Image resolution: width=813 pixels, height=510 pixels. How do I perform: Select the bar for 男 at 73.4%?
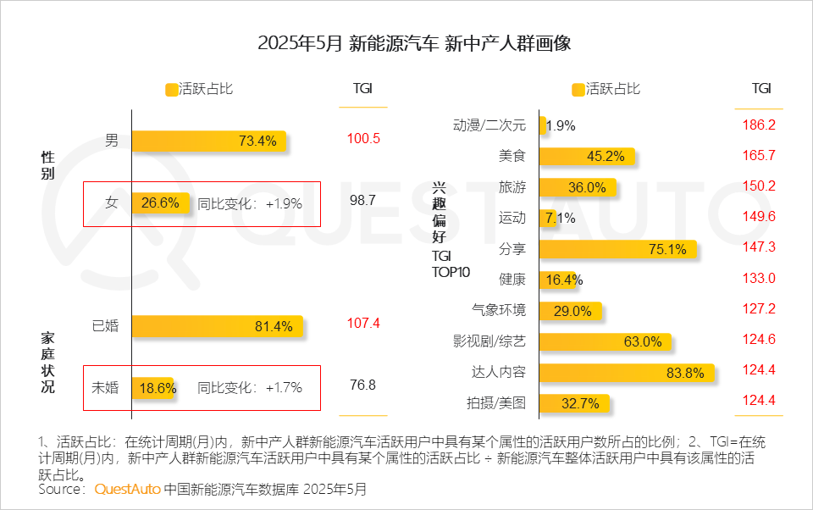[x=208, y=141]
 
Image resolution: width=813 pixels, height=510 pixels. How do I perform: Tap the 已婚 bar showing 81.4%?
[x=216, y=325]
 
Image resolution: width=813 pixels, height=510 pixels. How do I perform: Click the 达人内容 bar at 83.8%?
[x=627, y=372]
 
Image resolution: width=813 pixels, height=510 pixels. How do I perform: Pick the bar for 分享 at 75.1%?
[x=617, y=249]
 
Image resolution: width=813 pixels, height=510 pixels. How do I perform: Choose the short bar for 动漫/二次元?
[x=543, y=125]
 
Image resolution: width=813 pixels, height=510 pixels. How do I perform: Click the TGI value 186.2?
[x=760, y=125]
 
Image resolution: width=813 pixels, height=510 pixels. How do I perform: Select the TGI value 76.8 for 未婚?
[x=362, y=385]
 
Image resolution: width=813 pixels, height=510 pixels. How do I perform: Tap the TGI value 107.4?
[x=363, y=324]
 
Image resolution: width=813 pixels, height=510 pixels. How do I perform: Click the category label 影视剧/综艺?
[x=489, y=341]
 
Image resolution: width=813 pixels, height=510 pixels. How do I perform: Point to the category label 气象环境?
[x=499, y=310]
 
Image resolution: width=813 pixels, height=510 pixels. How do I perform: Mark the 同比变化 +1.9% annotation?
[x=250, y=204]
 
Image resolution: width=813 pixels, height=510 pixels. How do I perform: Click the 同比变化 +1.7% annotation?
[x=250, y=388]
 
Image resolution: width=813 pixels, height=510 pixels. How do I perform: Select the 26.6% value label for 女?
[x=160, y=203]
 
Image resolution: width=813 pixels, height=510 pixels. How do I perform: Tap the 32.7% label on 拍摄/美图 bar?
[x=569, y=403]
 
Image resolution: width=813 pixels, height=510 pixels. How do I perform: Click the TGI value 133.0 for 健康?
[x=760, y=279]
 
